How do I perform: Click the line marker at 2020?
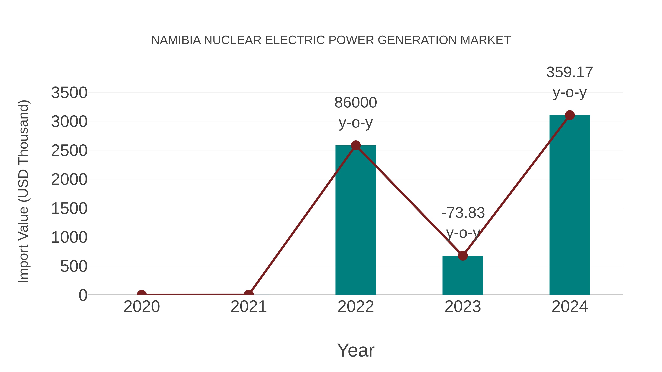coord(142,294)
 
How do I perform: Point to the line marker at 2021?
coord(248,294)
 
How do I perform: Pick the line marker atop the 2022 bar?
coord(356,145)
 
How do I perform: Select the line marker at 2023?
coord(463,256)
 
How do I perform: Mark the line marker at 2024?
coord(570,115)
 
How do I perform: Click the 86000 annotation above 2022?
coord(356,103)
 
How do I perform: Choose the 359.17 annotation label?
coord(570,72)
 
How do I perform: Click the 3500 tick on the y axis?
coord(69,93)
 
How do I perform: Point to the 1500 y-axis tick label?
coord(69,209)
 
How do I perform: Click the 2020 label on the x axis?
coord(142,307)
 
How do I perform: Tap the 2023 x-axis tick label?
coord(463,307)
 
